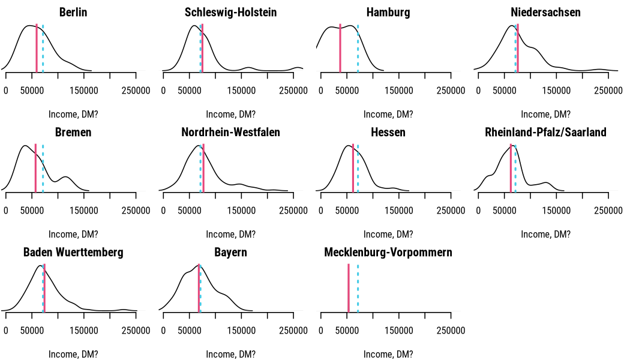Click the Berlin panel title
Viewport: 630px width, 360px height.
coord(73,12)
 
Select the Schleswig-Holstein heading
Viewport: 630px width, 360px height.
coord(230,12)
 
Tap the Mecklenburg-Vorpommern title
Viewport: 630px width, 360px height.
coord(388,253)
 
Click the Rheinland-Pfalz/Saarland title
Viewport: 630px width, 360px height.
coord(545,132)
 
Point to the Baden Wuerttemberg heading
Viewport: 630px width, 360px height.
coord(73,253)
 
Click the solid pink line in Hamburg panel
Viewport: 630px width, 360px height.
coord(340,48)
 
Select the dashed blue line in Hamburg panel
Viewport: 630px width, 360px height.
coord(358,48)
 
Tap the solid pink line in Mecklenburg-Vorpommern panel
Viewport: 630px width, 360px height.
coord(349,287)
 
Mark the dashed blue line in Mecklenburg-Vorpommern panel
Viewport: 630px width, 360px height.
coord(358,287)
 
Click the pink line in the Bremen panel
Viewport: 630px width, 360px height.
coord(36,168)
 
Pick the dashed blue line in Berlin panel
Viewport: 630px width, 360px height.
coord(43,48)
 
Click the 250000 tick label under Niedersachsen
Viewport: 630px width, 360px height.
coord(608,91)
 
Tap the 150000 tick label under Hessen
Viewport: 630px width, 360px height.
coord(398,211)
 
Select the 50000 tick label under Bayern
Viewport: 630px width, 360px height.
coord(189,331)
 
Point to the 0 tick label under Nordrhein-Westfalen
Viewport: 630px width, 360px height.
coord(163,211)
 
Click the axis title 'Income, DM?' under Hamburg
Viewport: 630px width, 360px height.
coord(388,115)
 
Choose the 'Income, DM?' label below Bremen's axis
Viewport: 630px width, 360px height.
coord(73,234)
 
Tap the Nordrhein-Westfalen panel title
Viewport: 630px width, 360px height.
coord(230,132)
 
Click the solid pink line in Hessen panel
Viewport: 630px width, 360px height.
coord(353,168)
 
